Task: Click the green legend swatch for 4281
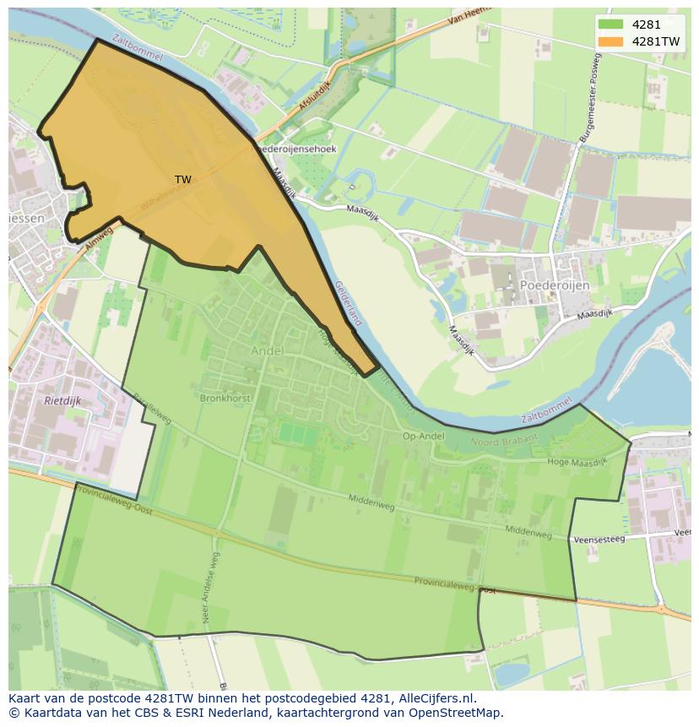coord(612,25)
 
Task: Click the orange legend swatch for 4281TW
coord(612,41)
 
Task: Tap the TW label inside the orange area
coord(182,180)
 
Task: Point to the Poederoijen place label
coord(555,285)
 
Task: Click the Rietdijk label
coord(62,401)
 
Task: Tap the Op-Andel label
coord(423,436)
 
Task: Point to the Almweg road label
coord(99,236)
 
